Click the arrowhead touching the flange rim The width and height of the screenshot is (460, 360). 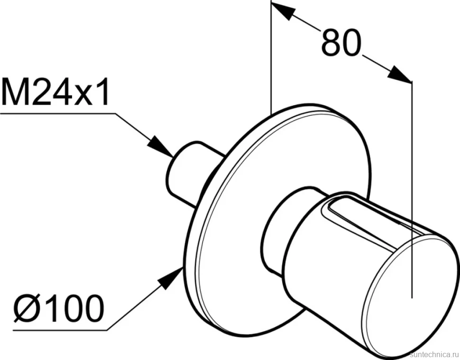[x=170, y=278]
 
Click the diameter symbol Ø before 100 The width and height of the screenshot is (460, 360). [x=26, y=308]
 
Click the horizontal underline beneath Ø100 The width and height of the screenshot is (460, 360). [x=60, y=330]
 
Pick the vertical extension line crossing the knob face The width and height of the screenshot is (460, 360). [x=412, y=190]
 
